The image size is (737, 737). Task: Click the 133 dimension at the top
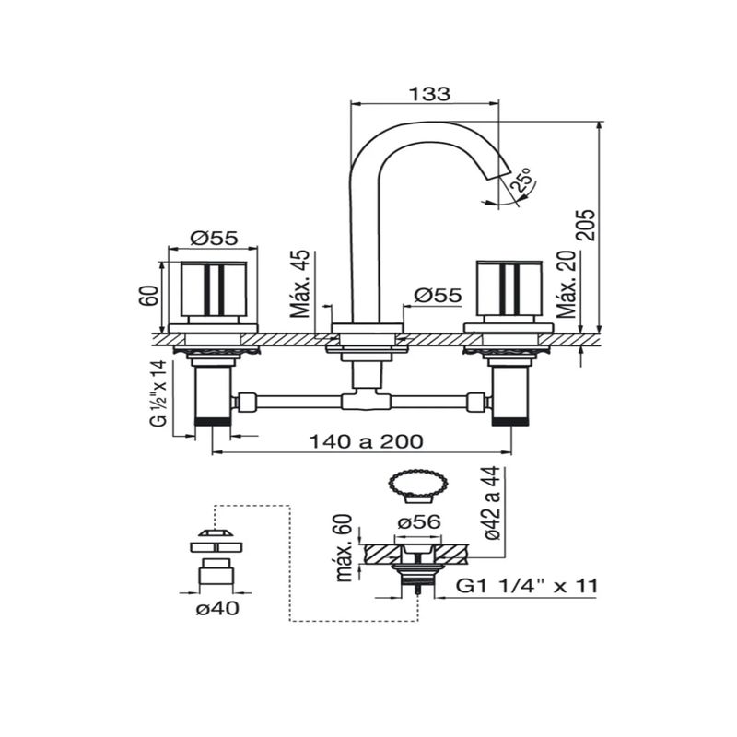point(429,93)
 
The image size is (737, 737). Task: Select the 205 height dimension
point(587,225)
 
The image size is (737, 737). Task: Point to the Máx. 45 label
point(300,284)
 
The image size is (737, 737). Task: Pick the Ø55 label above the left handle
point(215,238)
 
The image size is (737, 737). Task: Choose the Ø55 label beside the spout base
point(438,295)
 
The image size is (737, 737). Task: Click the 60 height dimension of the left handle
point(149,295)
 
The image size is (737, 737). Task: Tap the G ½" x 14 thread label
point(158,394)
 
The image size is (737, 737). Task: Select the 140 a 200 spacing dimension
point(366,441)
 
